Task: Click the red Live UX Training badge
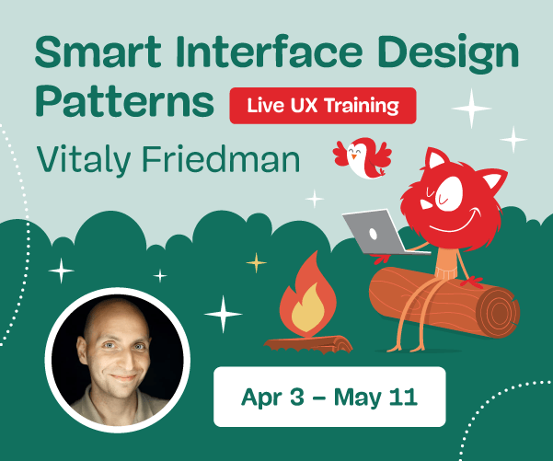tap(322, 105)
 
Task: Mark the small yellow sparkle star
tap(255, 263)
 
